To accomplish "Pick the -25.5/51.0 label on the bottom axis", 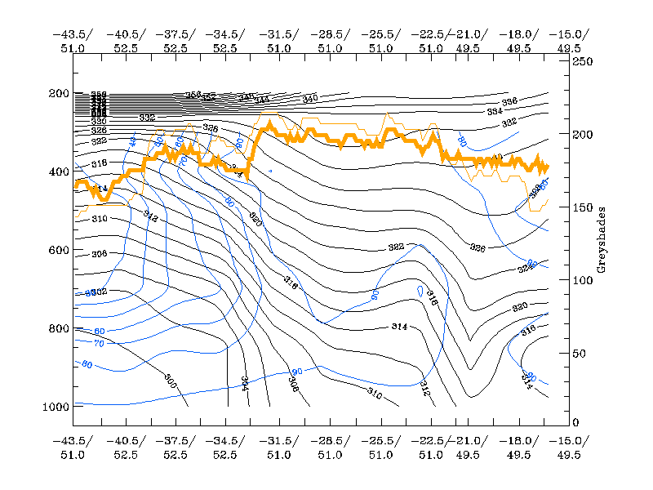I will pos(380,448).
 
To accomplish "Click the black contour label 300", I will pos(170,381).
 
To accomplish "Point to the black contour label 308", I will pos(293,383).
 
